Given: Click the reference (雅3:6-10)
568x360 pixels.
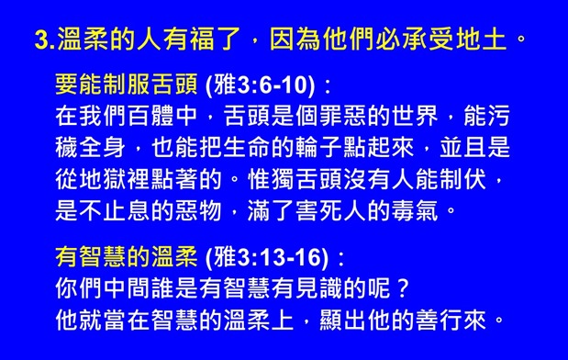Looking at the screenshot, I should tap(264, 87).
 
